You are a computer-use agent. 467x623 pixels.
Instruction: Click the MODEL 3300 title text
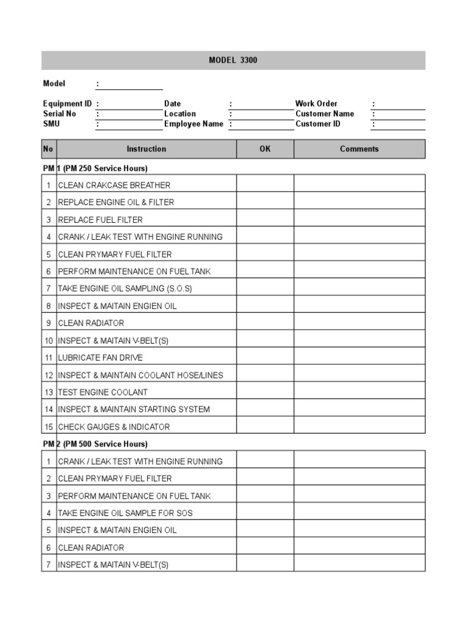pyautogui.click(x=233, y=60)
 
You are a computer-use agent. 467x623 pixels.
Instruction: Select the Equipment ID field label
pyautogui.click(x=67, y=103)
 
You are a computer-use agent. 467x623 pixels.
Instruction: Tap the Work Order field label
pyautogui.click(x=316, y=103)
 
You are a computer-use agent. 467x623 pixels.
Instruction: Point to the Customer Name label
pyautogui.click(x=325, y=114)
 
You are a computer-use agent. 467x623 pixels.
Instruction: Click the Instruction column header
pyautogui.click(x=146, y=149)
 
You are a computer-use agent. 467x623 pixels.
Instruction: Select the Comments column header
pyautogui.click(x=359, y=149)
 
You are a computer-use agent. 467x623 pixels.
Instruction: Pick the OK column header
pyautogui.click(x=265, y=149)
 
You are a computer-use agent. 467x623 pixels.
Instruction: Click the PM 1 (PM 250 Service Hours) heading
pyautogui.click(x=95, y=168)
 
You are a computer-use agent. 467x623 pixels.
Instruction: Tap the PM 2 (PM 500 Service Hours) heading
pyautogui.click(x=95, y=444)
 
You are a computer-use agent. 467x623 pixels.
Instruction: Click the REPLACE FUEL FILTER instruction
pyautogui.click(x=100, y=220)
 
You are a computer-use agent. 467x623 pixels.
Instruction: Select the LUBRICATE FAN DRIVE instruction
pyautogui.click(x=100, y=358)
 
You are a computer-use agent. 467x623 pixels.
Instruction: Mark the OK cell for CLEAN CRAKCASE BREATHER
pyautogui.click(x=265, y=185)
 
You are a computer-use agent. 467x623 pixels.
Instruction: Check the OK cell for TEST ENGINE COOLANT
pyautogui.click(x=265, y=392)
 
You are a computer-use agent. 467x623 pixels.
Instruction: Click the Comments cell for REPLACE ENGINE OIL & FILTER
pyautogui.click(x=359, y=202)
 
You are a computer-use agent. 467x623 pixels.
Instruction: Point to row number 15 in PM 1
pyautogui.click(x=49, y=427)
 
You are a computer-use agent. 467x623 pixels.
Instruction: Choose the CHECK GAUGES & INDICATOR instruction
pyautogui.click(x=114, y=427)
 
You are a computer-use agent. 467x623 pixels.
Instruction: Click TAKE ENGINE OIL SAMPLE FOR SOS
pyautogui.click(x=125, y=513)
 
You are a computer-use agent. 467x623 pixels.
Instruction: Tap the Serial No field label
pyautogui.click(x=60, y=114)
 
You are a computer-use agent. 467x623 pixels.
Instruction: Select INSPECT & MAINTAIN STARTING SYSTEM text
pyautogui.click(x=134, y=409)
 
